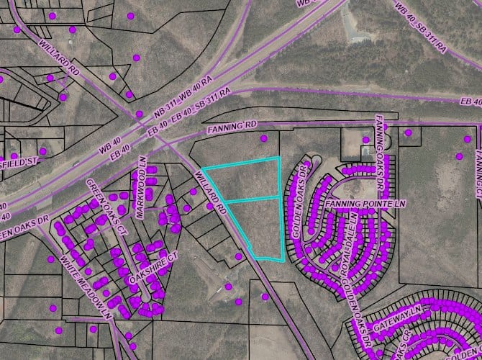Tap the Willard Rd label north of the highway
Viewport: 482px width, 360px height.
pyautogui.click(x=58, y=56)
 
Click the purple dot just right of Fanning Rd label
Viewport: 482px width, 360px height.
pyautogui.click(x=264, y=138)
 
